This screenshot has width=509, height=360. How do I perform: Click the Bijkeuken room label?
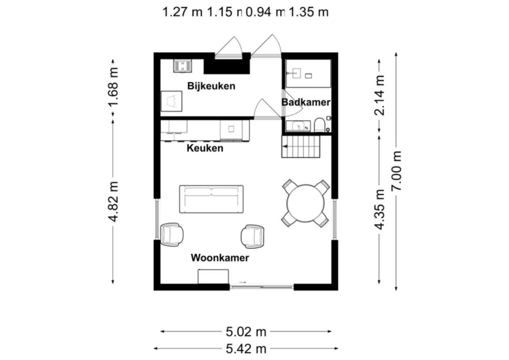point(211,86)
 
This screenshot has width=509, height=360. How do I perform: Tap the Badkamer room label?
point(306,102)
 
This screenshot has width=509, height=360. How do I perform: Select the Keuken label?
point(205,148)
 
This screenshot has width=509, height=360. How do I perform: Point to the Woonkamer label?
point(220,258)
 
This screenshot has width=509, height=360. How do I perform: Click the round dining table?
point(306,203)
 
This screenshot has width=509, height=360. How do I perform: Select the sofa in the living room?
point(211,199)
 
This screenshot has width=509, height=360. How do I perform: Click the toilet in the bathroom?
point(319,125)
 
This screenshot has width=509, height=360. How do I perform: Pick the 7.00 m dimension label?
point(397,171)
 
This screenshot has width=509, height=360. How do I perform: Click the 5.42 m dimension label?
point(246,348)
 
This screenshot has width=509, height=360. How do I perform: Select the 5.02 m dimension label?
point(246,332)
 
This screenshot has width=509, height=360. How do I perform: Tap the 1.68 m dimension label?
point(114,87)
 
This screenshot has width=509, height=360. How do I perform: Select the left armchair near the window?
point(171,234)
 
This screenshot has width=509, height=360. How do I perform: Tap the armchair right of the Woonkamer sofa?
point(252,236)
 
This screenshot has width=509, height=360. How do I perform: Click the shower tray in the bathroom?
point(308,73)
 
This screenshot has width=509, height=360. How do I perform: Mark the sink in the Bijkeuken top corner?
point(183,66)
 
